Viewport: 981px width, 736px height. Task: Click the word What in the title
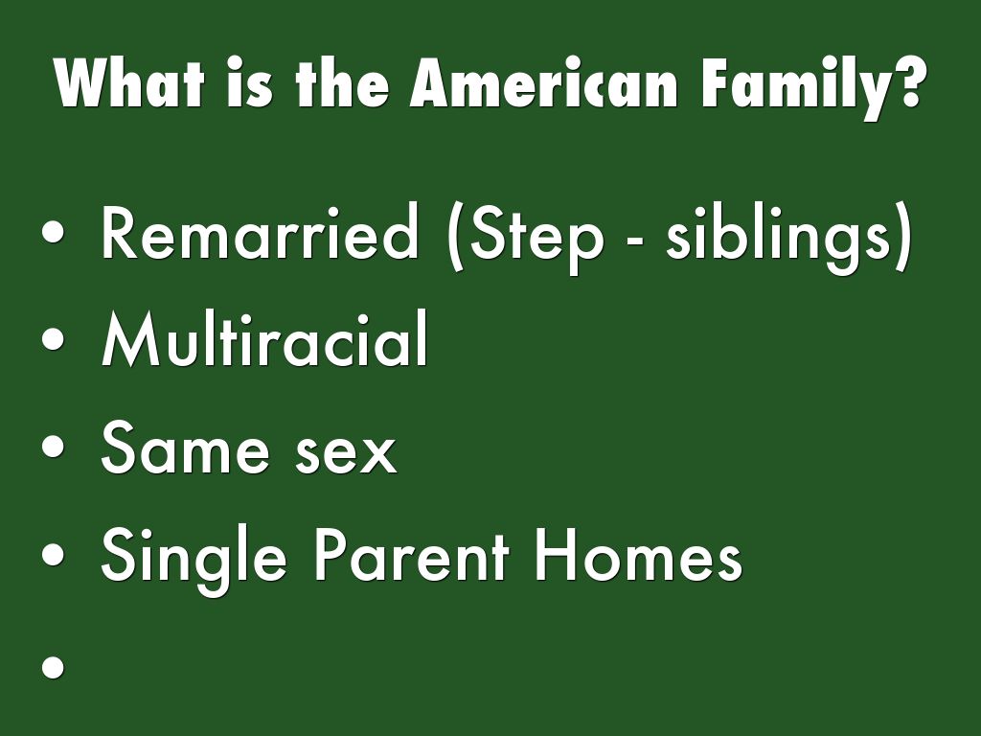pyautogui.click(x=129, y=83)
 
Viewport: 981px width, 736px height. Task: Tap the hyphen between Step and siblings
pyautogui.click(x=634, y=240)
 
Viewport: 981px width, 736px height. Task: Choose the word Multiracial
pyautogui.click(x=264, y=338)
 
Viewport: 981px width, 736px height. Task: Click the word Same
pyautogui.click(x=185, y=447)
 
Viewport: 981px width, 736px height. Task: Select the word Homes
pyautogui.click(x=639, y=555)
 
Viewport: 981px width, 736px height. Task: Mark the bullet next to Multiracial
pyautogui.click(x=54, y=338)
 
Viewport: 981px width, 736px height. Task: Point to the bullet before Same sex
pyautogui.click(x=54, y=447)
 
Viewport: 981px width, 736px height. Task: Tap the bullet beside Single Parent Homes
pyautogui.click(x=54, y=555)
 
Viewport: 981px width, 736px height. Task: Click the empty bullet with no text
pyautogui.click(x=54, y=667)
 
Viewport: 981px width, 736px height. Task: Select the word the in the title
pyautogui.click(x=343, y=83)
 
